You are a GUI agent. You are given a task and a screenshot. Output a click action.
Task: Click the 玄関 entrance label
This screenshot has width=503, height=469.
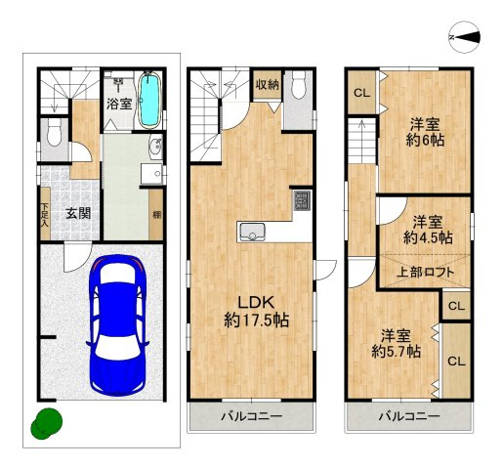(78, 214)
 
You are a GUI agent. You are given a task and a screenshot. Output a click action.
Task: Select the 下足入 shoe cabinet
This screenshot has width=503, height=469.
(45, 214)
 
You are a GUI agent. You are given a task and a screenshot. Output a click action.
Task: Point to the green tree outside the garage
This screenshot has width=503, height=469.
(47, 423)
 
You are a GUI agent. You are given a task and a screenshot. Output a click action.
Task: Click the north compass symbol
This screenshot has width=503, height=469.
(465, 37)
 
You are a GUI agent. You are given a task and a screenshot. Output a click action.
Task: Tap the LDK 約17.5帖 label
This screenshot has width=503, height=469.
(256, 312)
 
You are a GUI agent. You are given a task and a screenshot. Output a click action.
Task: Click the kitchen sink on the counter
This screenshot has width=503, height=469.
(252, 233)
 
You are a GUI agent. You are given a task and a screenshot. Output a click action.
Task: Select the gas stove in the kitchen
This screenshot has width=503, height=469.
(303, 200)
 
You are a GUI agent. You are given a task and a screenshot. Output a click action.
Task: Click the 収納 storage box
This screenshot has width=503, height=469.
(268, 85)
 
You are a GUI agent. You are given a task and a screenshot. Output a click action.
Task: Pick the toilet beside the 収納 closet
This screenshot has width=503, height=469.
(298, 84)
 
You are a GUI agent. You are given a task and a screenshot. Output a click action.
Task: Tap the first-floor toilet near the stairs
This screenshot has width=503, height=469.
(54, 133)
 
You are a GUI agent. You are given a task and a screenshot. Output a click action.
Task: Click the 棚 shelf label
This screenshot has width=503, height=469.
(157, 215)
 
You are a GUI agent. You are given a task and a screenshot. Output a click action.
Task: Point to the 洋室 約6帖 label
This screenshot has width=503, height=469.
(425, 132)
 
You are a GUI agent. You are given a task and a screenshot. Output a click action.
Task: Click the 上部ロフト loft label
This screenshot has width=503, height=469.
(425, 272)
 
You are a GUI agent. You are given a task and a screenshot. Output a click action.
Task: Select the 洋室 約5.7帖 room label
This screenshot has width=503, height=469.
(396, 343)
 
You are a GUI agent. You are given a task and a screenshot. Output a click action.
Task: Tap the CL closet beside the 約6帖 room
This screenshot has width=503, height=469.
(362, 93)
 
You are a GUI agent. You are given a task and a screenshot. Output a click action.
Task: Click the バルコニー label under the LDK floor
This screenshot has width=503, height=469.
(252, 416)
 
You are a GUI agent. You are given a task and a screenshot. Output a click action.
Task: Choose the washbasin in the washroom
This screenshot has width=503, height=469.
(156, 147)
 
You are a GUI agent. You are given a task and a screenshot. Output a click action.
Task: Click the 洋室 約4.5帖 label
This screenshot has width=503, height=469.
(428, 231)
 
